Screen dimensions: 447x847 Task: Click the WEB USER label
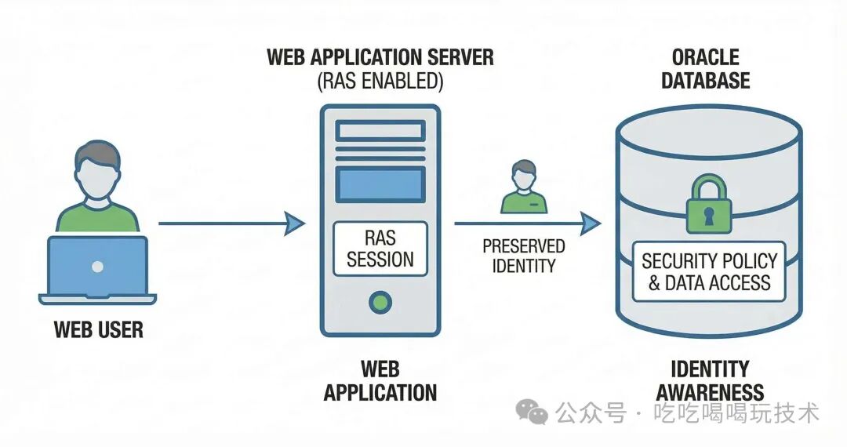[x=98, y=329]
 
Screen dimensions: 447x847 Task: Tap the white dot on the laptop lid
[x=97, y=267]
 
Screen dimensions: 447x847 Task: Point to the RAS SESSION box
[x=380, y=249]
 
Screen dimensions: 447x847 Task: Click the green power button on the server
[x=380, y=301]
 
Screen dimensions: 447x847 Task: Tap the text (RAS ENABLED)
[x=380, y=80]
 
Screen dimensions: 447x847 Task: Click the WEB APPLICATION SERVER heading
[x=380, y=57]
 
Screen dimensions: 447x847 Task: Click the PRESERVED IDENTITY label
[x=523, y=256]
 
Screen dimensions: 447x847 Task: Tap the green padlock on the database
[x=708, y=205]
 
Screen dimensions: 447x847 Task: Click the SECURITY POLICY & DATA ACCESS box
[x=709, y=272]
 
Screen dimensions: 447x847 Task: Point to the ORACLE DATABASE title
[x=706, y=69]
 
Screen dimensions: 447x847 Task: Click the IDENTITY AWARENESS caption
[x=710, y=380]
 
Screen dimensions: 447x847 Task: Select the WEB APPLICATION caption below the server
[x=380, y=380]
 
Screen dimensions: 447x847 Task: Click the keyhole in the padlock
[x=708, y=214]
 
